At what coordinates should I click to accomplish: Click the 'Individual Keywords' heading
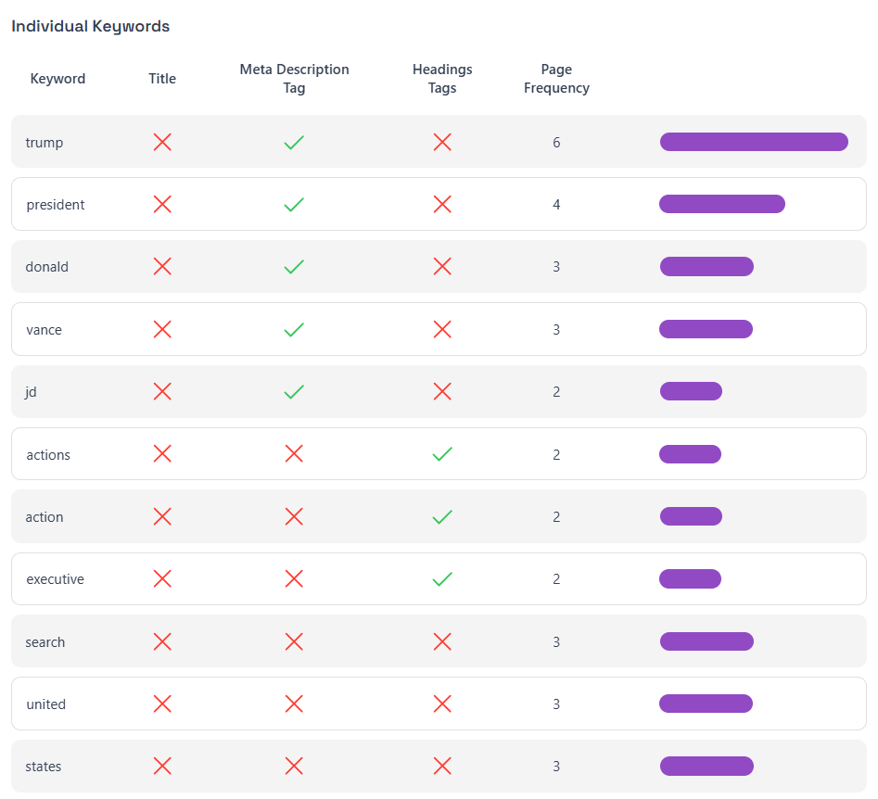tap(90, 26)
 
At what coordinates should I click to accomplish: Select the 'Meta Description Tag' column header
tap(294, 79)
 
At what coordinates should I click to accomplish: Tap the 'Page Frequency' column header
tap(556, 79)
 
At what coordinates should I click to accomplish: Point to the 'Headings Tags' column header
tap(442, 79)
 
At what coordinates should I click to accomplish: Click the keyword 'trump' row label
tap(45, 143)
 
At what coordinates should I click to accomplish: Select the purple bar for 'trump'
tap(754, 142)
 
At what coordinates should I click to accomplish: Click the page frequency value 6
tap(556, 143)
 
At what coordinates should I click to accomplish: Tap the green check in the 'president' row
tap(294, 205)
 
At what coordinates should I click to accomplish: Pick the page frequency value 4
tap(556, 205)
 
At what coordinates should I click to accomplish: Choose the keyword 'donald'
tap(47, 267)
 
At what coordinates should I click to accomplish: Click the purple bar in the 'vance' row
tap(706, 329)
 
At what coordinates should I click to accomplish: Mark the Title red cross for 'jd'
tap(162, 392)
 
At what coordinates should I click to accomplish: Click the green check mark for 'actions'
tap(442, 454)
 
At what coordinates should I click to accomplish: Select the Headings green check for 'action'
tap(442, 517)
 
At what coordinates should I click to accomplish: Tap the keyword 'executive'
tap(55, 579)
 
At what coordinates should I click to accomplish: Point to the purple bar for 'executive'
tap(690, 579)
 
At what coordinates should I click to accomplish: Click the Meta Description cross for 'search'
tap(294, 641)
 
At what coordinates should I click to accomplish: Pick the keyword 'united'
tap(46, 704)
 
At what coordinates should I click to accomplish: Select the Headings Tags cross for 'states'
tap(442, 767)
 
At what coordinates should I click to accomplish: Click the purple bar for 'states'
tap(706, 767)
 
